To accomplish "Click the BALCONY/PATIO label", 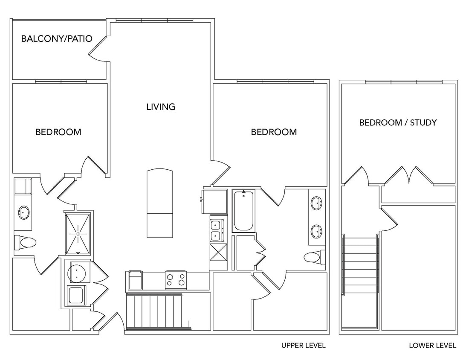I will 57,39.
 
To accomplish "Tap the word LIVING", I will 161,107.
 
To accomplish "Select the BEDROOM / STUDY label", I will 398,123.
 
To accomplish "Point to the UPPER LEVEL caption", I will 303,345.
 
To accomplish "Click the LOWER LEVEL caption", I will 432,345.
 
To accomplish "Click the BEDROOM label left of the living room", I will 58,132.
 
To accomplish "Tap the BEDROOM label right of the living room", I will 274,132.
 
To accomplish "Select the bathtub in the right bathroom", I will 243,211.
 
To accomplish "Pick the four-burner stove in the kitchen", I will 176,280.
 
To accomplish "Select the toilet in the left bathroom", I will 25,243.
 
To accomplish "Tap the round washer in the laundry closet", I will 77,273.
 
